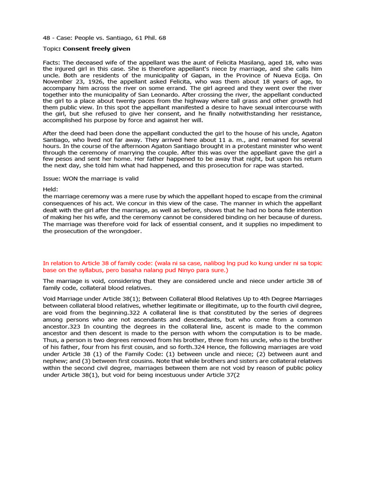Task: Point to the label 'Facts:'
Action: (51, 63)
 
